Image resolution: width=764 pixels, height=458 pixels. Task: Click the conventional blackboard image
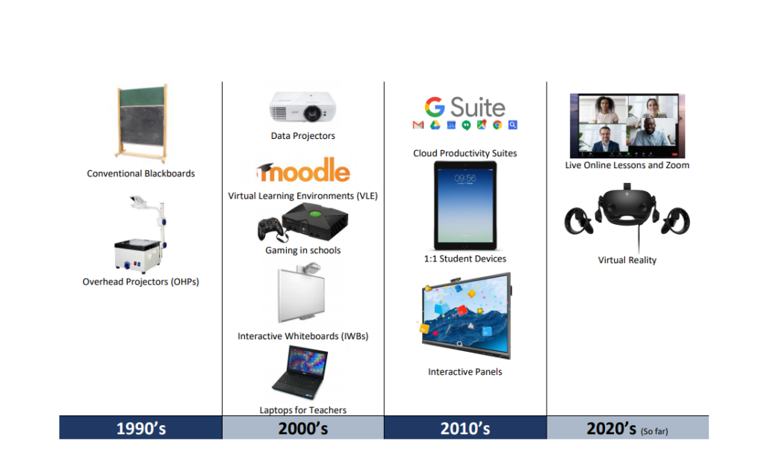[x=142, y=123]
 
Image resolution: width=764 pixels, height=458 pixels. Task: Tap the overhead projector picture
[x=140, y=234]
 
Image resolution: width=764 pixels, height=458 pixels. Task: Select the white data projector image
[x=302, y=107]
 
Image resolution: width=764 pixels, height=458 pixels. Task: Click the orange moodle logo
[x=303, y=170]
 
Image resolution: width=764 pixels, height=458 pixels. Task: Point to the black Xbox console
[x=315, y=222]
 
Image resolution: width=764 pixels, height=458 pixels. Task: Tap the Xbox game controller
[x=271, y=229]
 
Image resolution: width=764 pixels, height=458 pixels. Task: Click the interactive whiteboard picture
[x=302, y=293]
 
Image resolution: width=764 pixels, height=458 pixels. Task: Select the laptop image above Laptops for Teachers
[x=300, y=372]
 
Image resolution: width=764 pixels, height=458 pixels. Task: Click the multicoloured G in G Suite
[x=435, y=107]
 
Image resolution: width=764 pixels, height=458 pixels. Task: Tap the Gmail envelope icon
[x=418, y=126]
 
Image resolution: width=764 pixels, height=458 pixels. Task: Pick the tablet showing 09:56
[x=465, y=205]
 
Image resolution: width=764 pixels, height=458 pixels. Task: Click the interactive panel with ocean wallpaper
[x=466, y=316]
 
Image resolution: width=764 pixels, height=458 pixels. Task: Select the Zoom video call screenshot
[x=627, y=126]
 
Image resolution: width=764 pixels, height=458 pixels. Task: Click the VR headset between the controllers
[x=627, y=208]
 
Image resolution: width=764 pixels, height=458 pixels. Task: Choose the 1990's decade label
[x=141, y=428]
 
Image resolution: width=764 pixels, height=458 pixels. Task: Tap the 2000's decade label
[x=303, y=428]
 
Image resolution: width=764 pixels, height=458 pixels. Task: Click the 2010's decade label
[x=465, y=428]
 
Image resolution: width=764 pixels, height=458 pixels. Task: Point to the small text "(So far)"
[x=654, y=431]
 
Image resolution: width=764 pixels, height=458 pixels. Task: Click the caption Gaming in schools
[x=303, y=250]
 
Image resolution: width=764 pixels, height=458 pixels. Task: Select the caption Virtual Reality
[x=627, y=260]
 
